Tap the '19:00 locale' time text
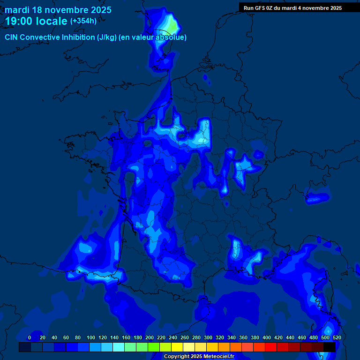click(x=36, y=21)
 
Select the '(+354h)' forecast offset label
click(x=83, y=21)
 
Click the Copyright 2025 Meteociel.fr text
click(x=199, y=356)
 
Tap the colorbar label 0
click(x=30, y=337)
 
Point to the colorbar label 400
click(x=267, y=337)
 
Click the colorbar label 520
click(x=337, y=337)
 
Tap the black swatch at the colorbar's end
click(x=330, y=347)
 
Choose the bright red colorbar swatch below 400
click(x=271, y=347)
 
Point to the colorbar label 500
click(x=325, y=337)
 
